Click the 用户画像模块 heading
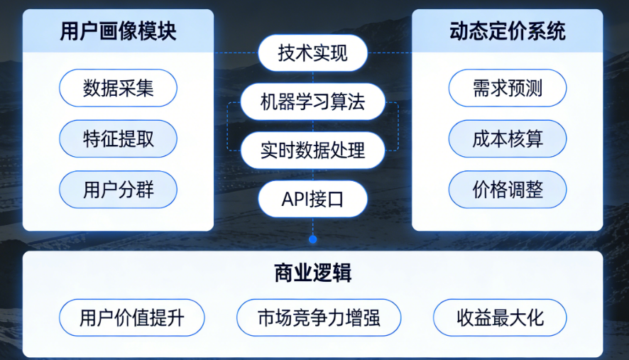[x=118, y=32]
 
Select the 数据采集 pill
[x=118, y=88]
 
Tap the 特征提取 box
[x=118, y=138]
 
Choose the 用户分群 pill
[x=118, y=190]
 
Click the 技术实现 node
[x=312, y=54]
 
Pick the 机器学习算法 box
[x=312, y=103]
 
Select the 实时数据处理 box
[x=312, y=151]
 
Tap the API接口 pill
[x=312, y=200]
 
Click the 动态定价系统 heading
[x=507, y=32]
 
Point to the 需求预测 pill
[x=507, y=88]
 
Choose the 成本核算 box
[x=507, y=138]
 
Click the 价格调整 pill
[x=507, y=190]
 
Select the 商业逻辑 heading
[x=312, y=273]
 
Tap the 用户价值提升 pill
[x=131, y=317]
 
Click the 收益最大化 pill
[x=500, y=317]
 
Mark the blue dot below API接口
[x=312, y=238]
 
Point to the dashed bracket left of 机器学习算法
[x=229, y=126]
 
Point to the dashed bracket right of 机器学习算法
[x=397, y=126]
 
